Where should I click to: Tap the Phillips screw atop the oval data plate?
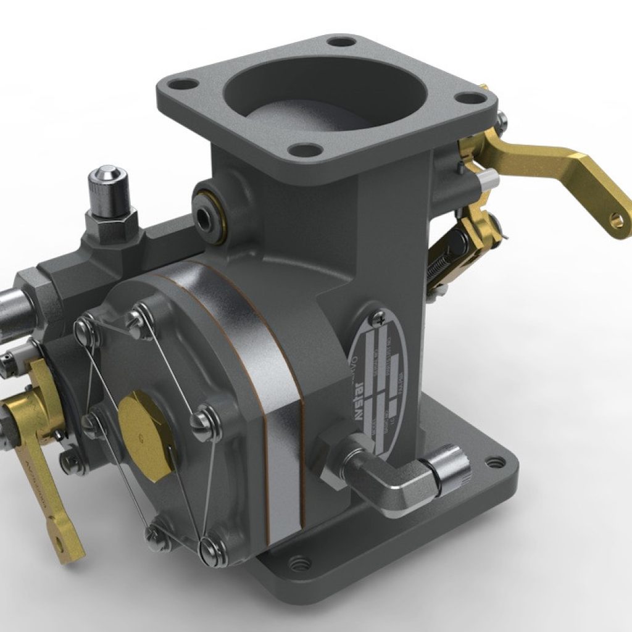[378, 319]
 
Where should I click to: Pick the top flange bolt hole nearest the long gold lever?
[472, 98]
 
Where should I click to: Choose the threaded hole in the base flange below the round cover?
[299, 563]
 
